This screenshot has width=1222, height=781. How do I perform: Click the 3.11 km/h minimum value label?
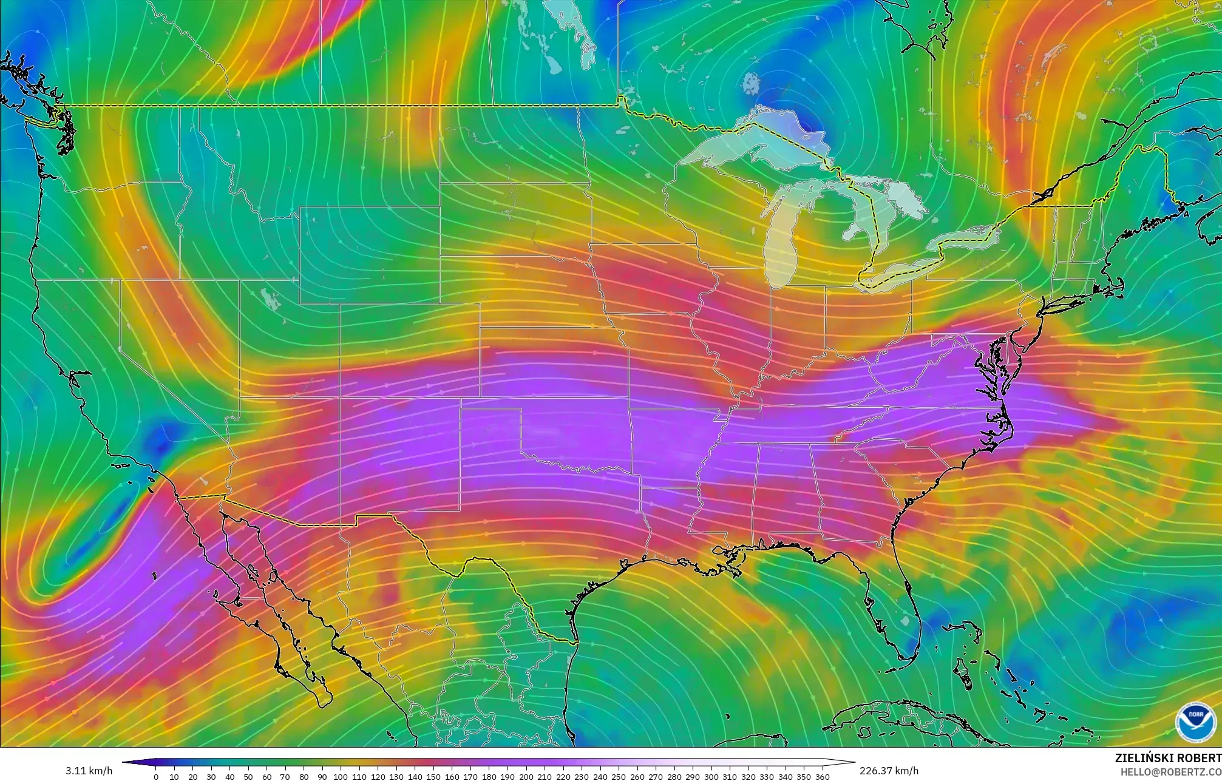[x=89, y=771]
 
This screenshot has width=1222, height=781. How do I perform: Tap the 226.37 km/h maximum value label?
[x=889, y=771]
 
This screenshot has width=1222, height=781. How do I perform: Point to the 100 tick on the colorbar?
[x=341, y=776]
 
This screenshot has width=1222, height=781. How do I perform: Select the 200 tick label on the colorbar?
[x=526, y=777]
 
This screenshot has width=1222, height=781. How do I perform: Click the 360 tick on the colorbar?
[x=822, y=776]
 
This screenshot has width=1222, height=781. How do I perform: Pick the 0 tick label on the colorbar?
[x=156, y=777]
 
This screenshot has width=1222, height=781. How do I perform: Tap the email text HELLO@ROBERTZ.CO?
[x=1171, y=771]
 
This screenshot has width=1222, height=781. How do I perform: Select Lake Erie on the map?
[x=898, y=272]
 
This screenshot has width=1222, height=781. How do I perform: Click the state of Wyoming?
[x=369, y=255]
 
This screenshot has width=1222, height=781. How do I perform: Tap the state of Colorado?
[x=409, y=351]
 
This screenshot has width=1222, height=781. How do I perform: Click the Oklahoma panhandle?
[x=490, y=403]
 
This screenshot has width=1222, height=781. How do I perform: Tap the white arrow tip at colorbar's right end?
[x=852, y=762]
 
